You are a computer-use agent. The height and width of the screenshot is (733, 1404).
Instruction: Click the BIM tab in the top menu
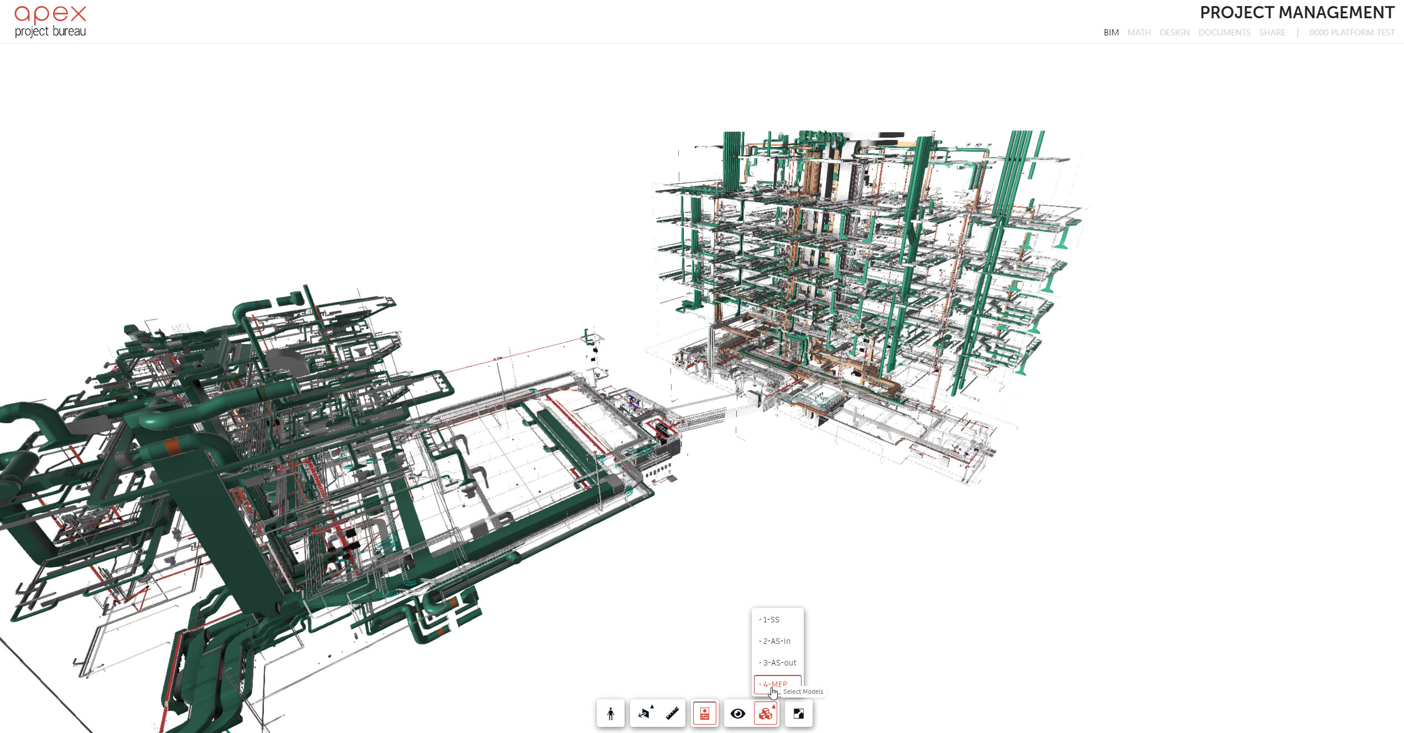pos(1111,33)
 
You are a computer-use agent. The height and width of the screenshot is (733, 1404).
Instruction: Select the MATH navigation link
pos(1139,33)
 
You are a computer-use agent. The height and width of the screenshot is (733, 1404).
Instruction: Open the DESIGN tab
pos(1174,33)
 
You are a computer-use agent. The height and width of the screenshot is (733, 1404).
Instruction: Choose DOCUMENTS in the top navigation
pos(1224,33)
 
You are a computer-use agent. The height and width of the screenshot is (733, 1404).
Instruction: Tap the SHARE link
pos(1272,33)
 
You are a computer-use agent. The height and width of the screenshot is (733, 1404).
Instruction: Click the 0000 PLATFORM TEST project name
pos(1351,33)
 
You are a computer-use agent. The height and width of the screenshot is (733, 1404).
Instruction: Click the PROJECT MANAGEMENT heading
pos(1297,12)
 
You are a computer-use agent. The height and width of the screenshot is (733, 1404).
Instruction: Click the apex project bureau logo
pos(50,22)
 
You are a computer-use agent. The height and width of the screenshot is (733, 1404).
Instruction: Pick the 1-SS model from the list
pos(771,620)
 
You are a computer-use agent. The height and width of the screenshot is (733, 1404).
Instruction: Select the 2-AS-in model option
pos(776,641)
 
